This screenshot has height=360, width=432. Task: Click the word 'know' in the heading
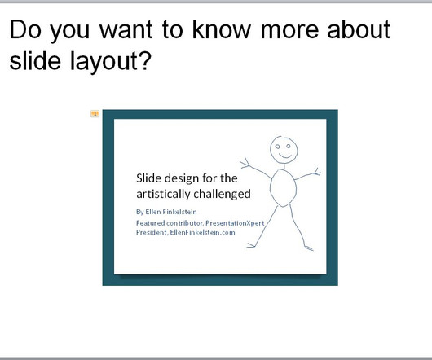(x=222, y=29)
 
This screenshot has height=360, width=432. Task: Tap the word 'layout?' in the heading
(x=111, y=61)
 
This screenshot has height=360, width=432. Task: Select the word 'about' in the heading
(x=359, y=29)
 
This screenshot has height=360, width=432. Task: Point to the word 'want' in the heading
(x=126, y=29)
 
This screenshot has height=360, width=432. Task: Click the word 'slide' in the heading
(x=35, y=60)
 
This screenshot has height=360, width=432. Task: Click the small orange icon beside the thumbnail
(x=95, y=113)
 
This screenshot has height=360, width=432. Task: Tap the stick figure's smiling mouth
(x=285, y=156)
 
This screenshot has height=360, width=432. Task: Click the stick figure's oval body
(x=283, y=187)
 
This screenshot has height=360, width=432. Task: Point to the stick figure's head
(x=284, y=149)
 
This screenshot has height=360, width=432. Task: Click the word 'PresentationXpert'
(x=235, y=223)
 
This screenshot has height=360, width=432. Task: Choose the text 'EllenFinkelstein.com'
(x=202, y=232)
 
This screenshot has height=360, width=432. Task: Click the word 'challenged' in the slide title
(x=222, y=194)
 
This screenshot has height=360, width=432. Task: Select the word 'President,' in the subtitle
(x=152, y=232)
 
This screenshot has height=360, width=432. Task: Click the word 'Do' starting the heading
(x=25, y=29)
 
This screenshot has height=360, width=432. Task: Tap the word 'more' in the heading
(x=289, y=31)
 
